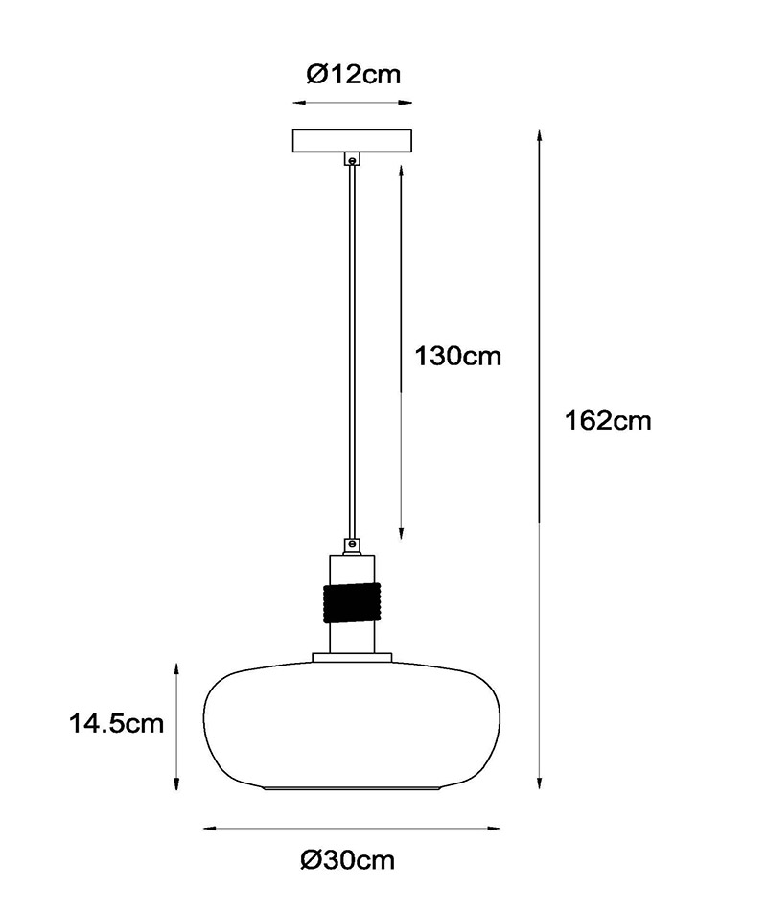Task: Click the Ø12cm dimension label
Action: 354,74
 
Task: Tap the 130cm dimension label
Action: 457,356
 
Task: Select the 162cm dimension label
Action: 608,421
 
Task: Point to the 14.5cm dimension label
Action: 116,723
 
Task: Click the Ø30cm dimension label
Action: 348,859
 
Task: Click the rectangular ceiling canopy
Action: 352,141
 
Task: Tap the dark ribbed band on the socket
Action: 352,603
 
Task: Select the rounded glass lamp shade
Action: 352,726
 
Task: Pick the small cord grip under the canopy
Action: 352,159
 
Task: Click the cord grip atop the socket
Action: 352,547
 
